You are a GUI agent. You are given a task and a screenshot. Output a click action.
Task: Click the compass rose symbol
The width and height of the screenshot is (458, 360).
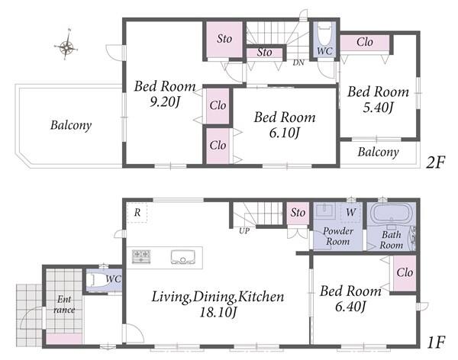point(66,46)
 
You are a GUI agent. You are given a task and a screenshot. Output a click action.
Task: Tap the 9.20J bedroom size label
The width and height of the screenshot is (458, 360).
point(164,101)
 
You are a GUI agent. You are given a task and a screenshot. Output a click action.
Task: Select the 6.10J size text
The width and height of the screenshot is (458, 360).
point(284,133)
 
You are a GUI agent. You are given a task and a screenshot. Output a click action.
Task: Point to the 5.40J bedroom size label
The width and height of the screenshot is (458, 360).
point(378,108)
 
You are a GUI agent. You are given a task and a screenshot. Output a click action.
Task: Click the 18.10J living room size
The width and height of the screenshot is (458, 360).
point(218,313)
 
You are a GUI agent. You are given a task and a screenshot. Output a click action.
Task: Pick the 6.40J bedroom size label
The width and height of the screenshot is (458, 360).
point(350,307)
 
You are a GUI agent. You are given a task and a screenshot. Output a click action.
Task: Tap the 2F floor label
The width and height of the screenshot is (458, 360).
point(435,162)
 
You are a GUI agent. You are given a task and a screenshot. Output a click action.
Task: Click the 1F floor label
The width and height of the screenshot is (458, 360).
point(436,342)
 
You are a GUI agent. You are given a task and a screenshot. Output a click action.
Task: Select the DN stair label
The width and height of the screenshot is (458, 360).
point(298,63)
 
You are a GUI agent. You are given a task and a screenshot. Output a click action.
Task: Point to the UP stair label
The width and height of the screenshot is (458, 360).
point(244,230)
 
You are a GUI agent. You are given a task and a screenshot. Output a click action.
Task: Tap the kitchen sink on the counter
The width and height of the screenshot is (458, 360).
point(182,257)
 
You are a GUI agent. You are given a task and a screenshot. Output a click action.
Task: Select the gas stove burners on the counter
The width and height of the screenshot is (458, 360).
point(141,256)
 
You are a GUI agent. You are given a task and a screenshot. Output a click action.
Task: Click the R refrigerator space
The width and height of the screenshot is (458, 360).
point(137,213)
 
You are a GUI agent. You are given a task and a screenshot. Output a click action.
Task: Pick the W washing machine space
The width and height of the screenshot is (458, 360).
point(351,212)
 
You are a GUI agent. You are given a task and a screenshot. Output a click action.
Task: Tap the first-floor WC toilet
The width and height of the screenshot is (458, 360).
point(99,280)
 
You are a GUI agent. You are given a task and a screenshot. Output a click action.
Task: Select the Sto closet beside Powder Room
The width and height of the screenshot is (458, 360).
point(298,213)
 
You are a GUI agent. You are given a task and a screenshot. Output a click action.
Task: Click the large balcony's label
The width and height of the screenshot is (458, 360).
point(71,125)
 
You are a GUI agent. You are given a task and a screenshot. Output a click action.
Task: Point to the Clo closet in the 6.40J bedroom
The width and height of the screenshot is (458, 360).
point(405,273)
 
